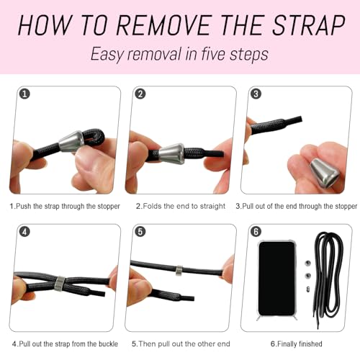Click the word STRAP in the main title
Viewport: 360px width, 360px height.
(x=309, y=25)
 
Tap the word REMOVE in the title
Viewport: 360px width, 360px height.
(x=164, y=25)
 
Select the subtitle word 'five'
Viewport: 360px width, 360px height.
(x=213, y=54)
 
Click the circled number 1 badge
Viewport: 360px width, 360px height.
(x=24, y=94)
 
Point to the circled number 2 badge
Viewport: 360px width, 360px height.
(x=140, y=94)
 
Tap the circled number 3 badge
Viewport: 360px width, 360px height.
(x=256, y=94)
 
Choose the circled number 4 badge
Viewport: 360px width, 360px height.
(x=24, y=232)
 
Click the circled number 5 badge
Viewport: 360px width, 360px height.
(x=140, y=232)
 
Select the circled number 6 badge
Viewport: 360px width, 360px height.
(x=256, y=232)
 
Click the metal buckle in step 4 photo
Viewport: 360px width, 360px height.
(x=59, y=284)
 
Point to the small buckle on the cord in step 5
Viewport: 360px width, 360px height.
(x=179, y=270)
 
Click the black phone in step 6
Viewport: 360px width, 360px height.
(x=276, y=279)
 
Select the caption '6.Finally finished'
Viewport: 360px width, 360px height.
(x=296, y=343)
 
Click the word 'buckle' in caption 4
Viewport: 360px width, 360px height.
(x=108, y=343)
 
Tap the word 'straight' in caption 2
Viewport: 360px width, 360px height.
(x=212, y=206)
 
